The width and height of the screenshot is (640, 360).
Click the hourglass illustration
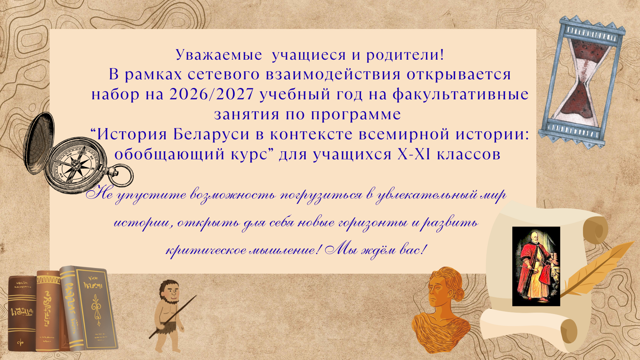click(582, 82)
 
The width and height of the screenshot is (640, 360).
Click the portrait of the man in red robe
click(536, 266)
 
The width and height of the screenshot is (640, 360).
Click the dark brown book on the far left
click(22, 313)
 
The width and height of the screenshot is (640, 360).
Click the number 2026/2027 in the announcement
click(212, 94)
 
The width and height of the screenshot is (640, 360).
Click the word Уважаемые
click(219, 55)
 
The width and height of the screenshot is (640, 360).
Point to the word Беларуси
click(211, 134)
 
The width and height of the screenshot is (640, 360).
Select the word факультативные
click(460, 95)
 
